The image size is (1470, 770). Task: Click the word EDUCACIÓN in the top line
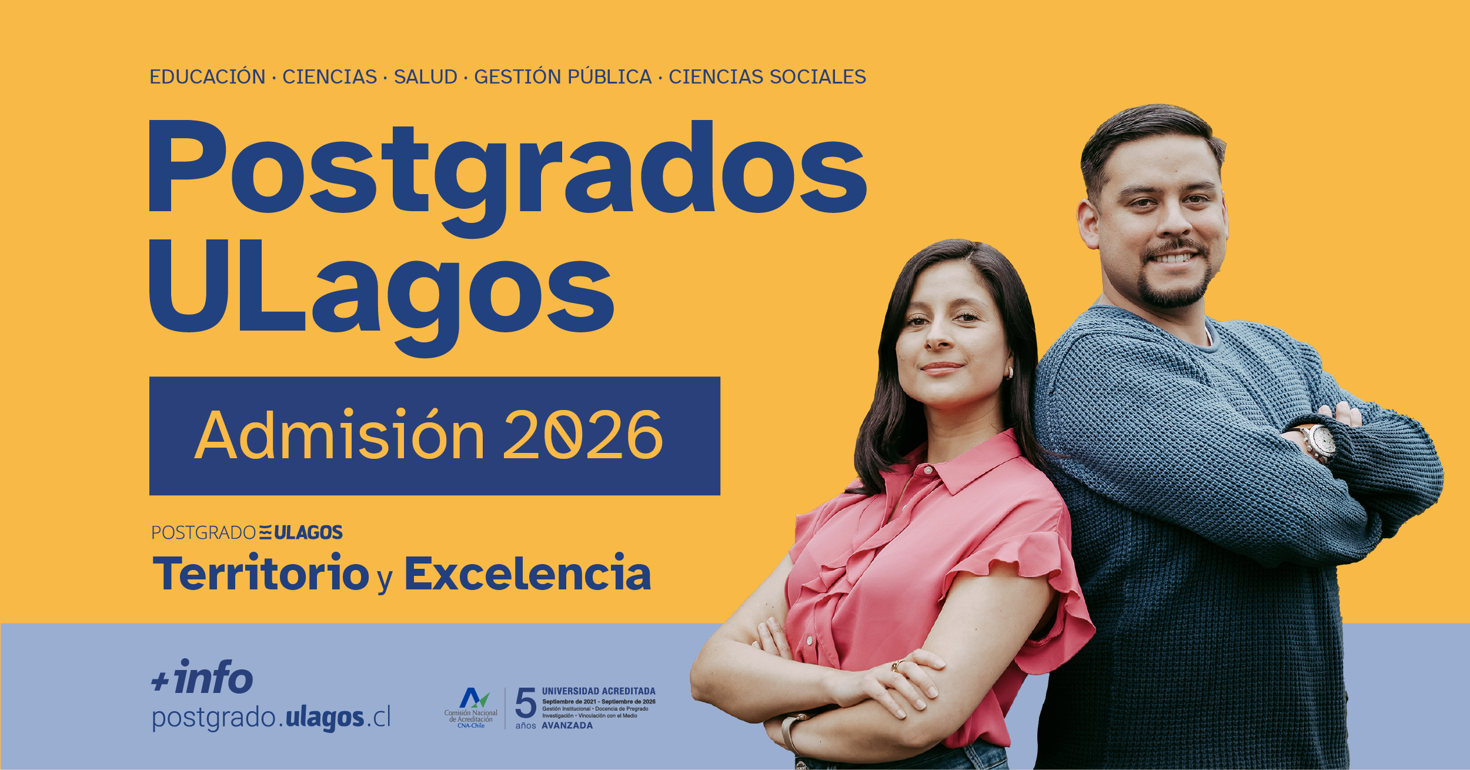[208, 76]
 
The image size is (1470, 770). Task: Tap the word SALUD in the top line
[426, 76]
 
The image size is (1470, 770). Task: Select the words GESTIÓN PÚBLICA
[563, 76]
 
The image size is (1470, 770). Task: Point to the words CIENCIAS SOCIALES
[767, 76]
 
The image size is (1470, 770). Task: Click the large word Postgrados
[508, 176]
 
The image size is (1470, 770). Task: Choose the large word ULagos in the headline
[382, 298]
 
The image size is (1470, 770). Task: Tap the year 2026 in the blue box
[583, 435]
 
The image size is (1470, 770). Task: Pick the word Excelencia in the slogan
[528, 573]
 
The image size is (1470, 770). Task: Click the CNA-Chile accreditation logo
[472, 708]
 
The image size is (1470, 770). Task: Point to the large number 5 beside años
[526, 703]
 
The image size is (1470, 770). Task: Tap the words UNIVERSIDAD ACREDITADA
[599, 691]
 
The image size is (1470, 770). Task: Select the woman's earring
[1010, 372]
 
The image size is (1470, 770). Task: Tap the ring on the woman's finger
[896, 665]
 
